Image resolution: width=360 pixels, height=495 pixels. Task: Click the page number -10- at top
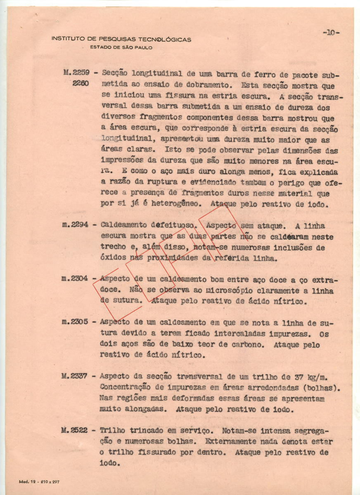click(x=331, y=33)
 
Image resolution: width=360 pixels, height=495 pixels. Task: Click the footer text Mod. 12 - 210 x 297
click(x=39, y=481)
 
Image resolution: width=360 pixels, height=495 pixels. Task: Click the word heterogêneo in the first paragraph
click(x=179, y=204)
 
